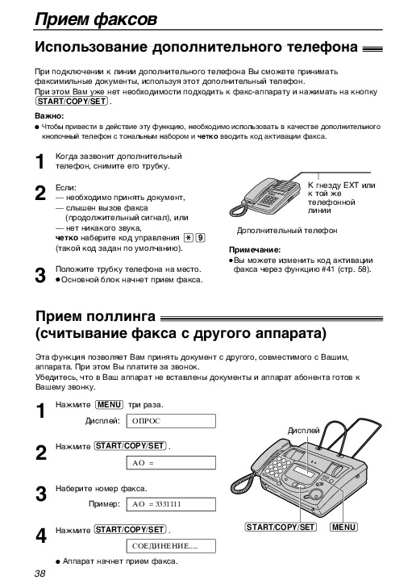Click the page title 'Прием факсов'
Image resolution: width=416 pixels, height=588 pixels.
pyautogui.click(x=96, y=19)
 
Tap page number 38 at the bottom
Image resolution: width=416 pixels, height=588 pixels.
pyautogui.click(x=40, y=573)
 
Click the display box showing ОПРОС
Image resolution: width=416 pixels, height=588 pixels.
pyautogui.click(x=171, y=421)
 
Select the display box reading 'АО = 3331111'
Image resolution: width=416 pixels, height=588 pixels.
pyautogui.click(x=171, y=504)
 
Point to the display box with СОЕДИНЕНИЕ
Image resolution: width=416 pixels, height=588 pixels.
pyautogui.click(x=171, y=546)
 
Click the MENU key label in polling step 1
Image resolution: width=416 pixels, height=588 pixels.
pyautogui.click(x=109, y=405)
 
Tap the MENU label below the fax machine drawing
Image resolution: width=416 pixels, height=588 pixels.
pyautogui.click(x=343, y=527)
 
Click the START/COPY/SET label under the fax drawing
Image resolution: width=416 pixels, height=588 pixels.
pyautogui.click(x=281, y=527)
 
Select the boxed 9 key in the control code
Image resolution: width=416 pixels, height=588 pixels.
pyautogui.click(x=201, y=238)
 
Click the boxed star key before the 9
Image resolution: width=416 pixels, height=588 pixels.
pyautogui.click(x=188, y=238)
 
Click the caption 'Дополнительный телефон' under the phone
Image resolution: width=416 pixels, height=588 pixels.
pyautogui.click(x=287, y=230)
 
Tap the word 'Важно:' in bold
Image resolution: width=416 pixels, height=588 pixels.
pyautogui.click(x=49, y=116)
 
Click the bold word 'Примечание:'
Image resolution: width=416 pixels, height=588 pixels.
pyautogui.click(x=255, y=250)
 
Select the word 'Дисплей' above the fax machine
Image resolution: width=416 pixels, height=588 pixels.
pyautogui.click(x=303, y=431)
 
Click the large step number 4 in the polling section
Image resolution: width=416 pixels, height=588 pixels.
pyautogui.click(x=40, y=536)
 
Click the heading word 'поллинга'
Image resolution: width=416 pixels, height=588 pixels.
pyautogui.click(x=121, y=316)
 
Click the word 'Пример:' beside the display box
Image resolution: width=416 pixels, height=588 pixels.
pyautogui.click(x=104, y=504)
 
